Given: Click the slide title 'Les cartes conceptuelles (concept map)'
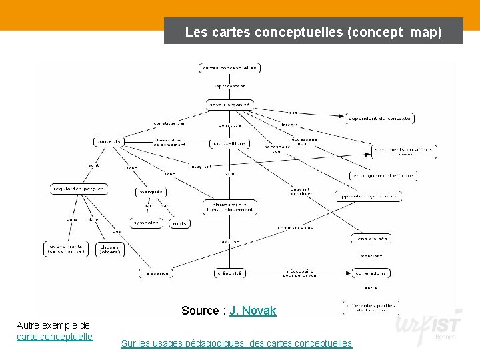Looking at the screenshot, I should click(x=313, y=31).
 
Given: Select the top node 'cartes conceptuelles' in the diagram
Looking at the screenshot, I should click(x=229, y=68).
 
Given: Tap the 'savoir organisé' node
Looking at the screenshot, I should click(x=229, y=105).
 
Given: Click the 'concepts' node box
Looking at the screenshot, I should click(x=108, y=141).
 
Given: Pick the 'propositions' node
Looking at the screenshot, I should click(x=229, y=143).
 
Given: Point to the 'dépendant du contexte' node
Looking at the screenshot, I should click(x=379, y=119).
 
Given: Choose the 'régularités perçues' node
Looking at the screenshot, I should click(x=77, y=189).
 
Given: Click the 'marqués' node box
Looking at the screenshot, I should click(x=150, y=192).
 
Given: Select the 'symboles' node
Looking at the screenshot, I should click(x=146, y=223).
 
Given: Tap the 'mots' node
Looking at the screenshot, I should click(x=179, y=223).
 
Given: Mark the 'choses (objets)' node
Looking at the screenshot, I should click(x=110, y=249).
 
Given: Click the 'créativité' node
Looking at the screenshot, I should click(x=229, y=273).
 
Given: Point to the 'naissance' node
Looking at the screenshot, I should click(x=155, y=273).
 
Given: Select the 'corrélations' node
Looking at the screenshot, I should click(x=371, y=273).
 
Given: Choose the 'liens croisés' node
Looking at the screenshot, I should click(x=371, y=238).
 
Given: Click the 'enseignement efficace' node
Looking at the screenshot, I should click(x=383, y=176).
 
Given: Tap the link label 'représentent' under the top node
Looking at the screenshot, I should click(x=229, y=86).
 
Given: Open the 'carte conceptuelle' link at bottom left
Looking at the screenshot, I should click(x=55, y=336).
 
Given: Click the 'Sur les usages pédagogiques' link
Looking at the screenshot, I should click(x=236, y=343).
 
